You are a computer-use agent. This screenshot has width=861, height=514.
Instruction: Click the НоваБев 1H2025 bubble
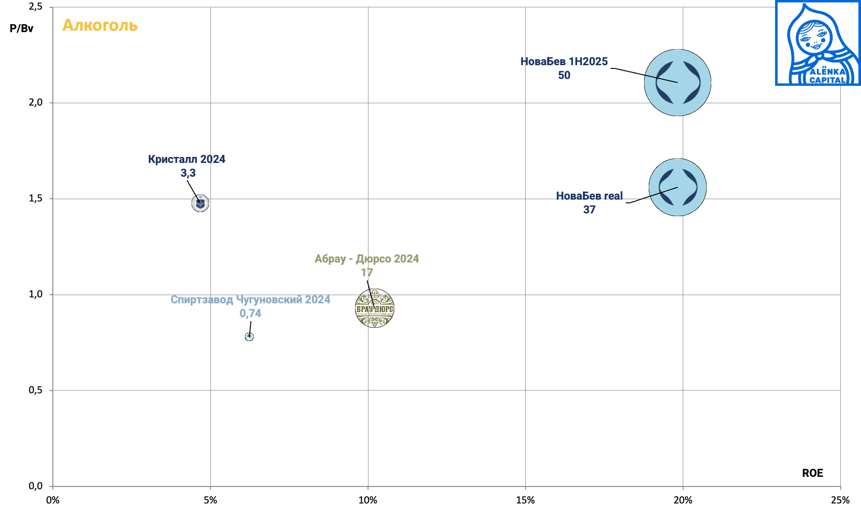(677, 83)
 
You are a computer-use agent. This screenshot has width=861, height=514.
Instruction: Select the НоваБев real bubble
(677, 187)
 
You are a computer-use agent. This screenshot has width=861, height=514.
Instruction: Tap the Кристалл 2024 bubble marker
(200, 203)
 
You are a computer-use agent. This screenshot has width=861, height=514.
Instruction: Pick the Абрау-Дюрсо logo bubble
(375, 308)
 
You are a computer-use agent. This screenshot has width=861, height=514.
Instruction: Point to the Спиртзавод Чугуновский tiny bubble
(249, 337)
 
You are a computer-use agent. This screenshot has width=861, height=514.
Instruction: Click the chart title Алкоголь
(100, 25)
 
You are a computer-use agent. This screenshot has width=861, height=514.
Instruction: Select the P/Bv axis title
(22, 28)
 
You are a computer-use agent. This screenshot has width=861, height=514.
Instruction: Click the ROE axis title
(812, 473)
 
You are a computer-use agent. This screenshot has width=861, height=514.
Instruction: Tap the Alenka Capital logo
(818, 43)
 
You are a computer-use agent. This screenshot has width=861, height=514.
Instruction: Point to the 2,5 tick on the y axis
(35, 6)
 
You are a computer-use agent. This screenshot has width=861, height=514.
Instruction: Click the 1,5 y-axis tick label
(35, 198)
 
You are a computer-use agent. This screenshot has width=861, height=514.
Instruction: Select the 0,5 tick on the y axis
(35, 390)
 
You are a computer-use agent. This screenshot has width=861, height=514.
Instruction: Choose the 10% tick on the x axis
(368, 500)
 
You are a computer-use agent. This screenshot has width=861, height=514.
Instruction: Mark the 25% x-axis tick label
(840, 500)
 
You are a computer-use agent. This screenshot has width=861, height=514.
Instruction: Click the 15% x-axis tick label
(525, 500)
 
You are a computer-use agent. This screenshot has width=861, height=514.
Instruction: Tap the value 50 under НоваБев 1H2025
(564, 75)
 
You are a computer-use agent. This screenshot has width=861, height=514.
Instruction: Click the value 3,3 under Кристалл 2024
(188, 173)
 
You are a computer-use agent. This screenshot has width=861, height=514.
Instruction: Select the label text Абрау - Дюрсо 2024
(367, 259)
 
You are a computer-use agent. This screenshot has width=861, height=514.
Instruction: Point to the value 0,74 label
(250, 313)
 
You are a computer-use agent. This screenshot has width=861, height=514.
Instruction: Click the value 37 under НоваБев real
(589, 210)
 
